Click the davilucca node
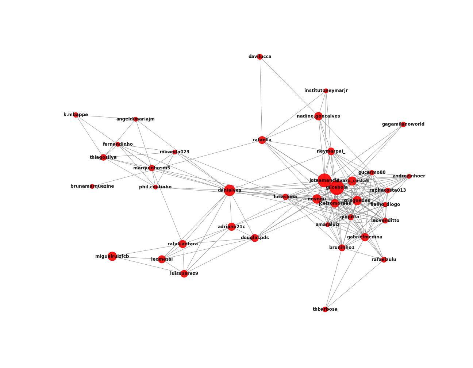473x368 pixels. (x=260, y=57)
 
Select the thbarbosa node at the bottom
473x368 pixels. (x=325, y=309)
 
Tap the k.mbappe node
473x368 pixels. (x=76, y=115)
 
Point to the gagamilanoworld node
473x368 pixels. (x=403, y=124)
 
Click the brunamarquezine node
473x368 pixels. (x=92, y=186)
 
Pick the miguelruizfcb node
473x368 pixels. (x=112, y=256)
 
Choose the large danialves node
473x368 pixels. (x=229, y=190)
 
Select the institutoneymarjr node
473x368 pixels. (x=326, y=91)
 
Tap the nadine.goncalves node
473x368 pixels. (x=318, y=116)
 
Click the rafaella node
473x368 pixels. (x=262, y=140)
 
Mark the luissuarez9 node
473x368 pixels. (x=184, y=273)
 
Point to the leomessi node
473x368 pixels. (x=162, y=259)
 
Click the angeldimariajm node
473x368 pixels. (x=135, y=119)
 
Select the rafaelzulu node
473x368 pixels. (x=384, y=260)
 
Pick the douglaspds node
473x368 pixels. (x=255, y=238)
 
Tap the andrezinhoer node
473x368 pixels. (x=409, y=176)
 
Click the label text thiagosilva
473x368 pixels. (x=103, y=157)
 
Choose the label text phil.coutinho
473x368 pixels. (x=155, y=187)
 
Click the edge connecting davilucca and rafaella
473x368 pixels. (x=261, y=99)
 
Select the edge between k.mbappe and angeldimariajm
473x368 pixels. (x=105, y=117)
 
